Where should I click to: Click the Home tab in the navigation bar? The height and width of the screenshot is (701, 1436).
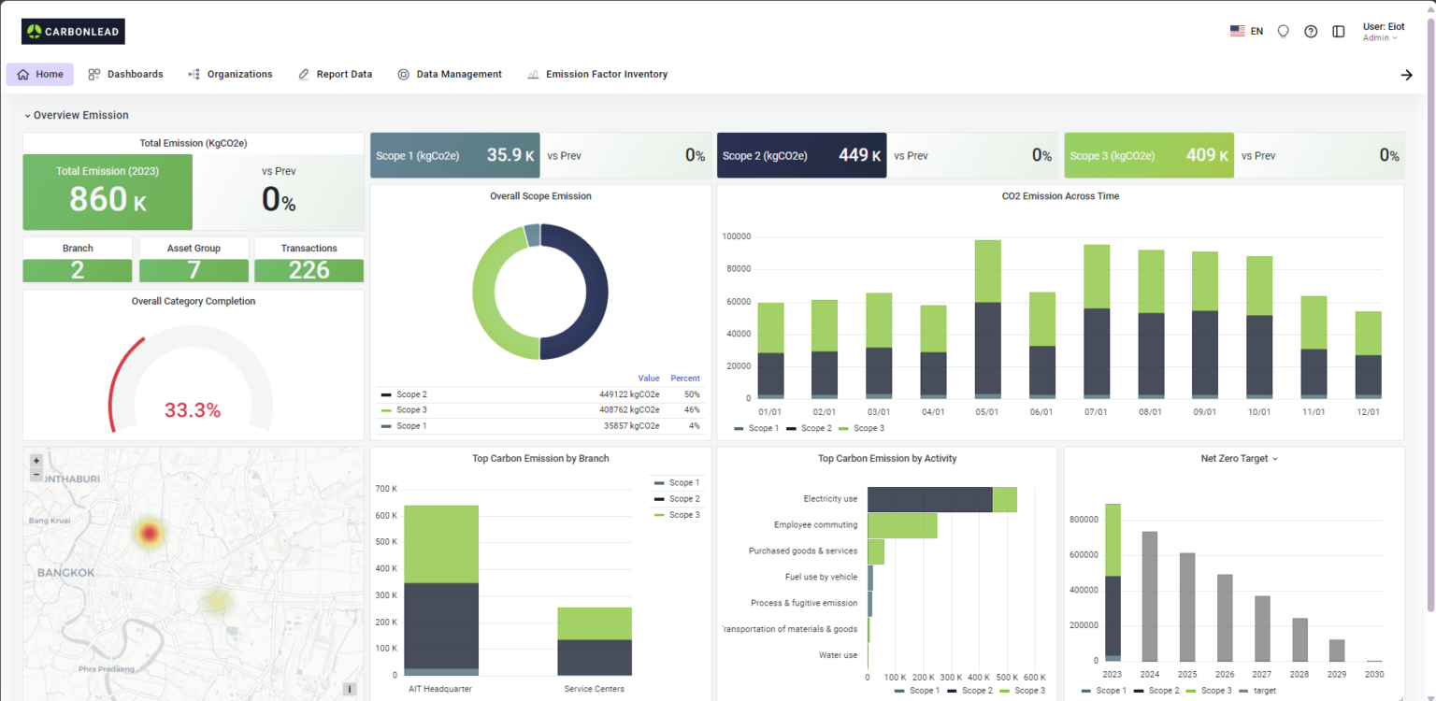40,75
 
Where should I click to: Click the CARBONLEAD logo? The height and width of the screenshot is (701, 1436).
73,32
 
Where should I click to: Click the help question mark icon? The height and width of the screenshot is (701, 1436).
1311,31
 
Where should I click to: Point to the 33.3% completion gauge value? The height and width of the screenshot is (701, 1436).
193,410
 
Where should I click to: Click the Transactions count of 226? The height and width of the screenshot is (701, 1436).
309,270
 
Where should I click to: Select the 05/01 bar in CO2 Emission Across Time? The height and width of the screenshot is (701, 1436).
987,319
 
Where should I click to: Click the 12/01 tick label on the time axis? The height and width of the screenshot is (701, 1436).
1368,412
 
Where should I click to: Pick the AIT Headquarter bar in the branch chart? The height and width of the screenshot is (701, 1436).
441,590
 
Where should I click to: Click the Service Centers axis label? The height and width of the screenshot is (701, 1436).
594,689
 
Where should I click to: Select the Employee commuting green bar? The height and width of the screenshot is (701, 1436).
902,525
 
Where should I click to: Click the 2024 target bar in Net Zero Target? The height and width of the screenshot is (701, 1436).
1150,595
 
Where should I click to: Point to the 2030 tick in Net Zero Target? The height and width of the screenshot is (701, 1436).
1373,674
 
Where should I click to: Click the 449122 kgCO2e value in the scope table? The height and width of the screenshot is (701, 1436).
628,394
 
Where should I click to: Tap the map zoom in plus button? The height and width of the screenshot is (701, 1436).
36,461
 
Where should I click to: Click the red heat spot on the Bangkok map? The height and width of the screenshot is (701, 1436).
149,533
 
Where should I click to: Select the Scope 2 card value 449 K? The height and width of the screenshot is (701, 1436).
859,155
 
